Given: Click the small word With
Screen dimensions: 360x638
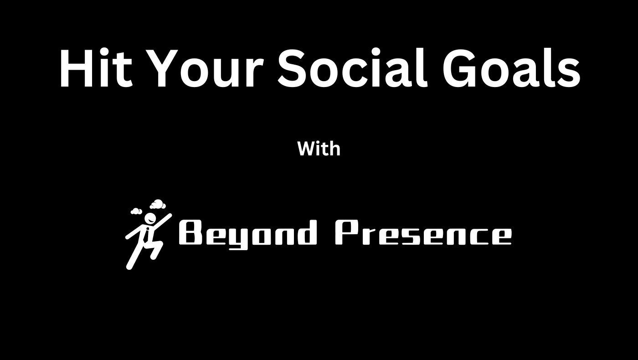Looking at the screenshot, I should (x=319, y=149).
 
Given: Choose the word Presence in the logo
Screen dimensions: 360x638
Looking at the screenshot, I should (x=423, y=233).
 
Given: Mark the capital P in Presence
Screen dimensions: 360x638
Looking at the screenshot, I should (x=346, y=233).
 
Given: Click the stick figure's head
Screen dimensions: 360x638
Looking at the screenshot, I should (x=149, y=218).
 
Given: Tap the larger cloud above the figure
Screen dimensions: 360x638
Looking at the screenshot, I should (x=157, y=204).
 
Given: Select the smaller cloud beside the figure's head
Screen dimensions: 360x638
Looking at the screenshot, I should (x=136, y=211).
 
